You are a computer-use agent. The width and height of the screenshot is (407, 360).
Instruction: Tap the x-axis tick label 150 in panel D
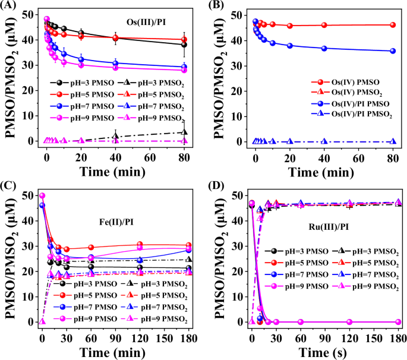tap(374, 337)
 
